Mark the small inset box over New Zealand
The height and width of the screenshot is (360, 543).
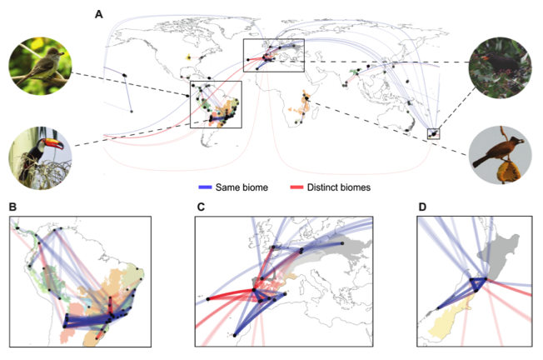point(433,132)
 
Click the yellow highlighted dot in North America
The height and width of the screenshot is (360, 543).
point(189,57)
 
